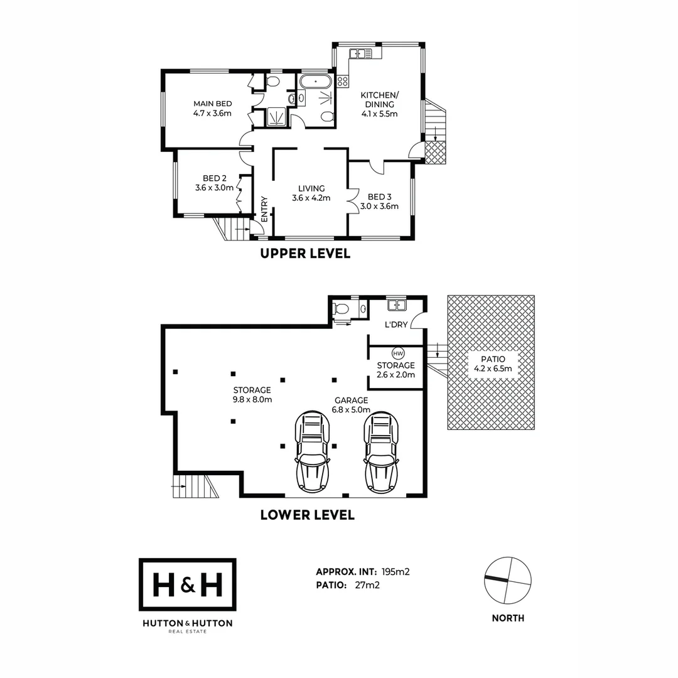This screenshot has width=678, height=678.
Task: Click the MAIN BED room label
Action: click(x=212, y=104)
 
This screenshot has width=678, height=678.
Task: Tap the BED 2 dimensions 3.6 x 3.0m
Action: click(x=214, y=188)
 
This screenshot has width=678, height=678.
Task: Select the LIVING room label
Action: click(x=311, y=188)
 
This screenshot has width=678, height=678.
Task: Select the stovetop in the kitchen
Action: click(x=343, y=80)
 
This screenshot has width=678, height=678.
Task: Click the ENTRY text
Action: click(x=264, y=210)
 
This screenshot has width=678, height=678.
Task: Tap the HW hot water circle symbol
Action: click(x=397, y=353)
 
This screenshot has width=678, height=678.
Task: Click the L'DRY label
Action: click(x=396, y=325)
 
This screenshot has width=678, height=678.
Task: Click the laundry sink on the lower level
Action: click(x=396, y=305)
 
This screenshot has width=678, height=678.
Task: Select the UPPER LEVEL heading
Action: click(x=305, y=254)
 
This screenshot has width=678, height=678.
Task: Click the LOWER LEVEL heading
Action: click(x=307, y=515)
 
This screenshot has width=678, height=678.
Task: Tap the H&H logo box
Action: click(x=188, y=584)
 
